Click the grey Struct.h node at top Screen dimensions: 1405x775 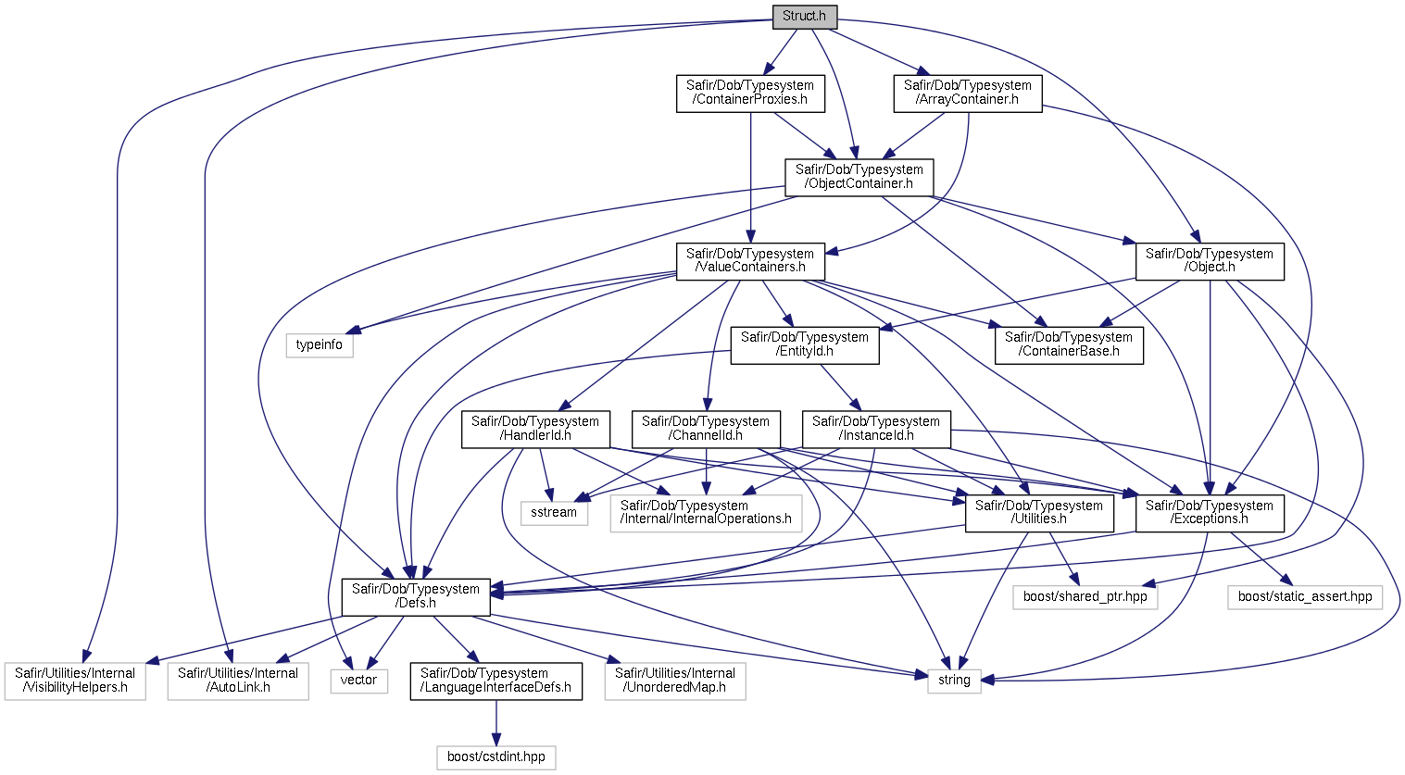click(x=804, y=17)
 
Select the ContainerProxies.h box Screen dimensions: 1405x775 click(x=750, y=94)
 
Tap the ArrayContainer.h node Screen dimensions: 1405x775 click(x=967, y=94)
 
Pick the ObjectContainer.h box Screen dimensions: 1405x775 click(x=859, y=178)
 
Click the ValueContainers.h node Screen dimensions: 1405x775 click(x=750, y=261)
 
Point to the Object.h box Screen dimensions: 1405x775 click(x=1210, y=261)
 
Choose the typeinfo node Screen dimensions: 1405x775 click(x=320, y=345)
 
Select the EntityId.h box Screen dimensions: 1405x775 click(x=805, y=345)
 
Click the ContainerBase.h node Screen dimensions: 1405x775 click(x=1069, y=345)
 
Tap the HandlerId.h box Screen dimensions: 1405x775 click(x=535, y=430)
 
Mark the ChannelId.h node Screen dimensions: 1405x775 click(x=707, y=430)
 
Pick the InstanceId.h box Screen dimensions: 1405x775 click(x=876, y=430)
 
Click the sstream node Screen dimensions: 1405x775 click(x=554, y=513)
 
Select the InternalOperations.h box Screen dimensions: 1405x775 click(x=707, y=514)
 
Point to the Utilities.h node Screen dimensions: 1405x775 click(x=1039, y=514)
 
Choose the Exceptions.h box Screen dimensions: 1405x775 click(x=1210, y=514)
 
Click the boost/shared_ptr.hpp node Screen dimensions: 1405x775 click(x=1085, y=597)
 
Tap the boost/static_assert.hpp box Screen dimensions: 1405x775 click(x=1305, y=597)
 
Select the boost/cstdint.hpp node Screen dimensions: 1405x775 click(x=496, y=757)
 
